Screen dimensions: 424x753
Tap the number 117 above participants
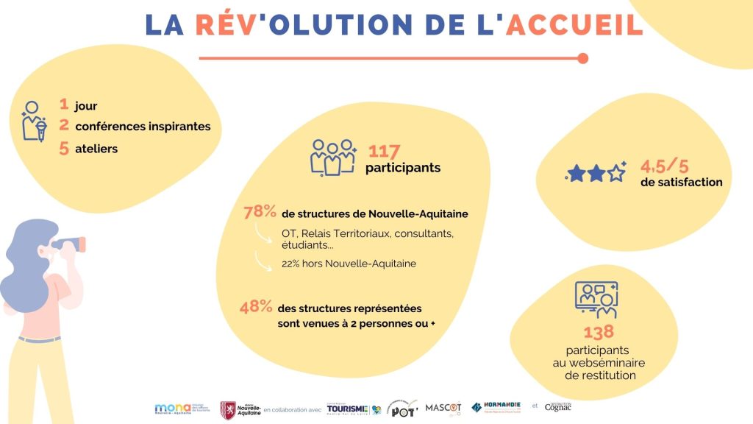(384, 152)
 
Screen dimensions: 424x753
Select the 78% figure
(260, 213)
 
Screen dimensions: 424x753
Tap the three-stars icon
(596, 173)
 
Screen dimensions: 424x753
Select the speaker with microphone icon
(34, 120)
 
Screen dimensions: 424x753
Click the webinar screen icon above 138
(596, 300)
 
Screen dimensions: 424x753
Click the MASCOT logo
(443, 407)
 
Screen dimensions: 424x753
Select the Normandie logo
(496, 407)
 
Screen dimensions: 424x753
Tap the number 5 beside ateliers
(64, 149)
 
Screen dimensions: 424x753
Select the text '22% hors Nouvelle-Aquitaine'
(349, 263)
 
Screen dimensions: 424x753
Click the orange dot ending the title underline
(583, 58)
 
